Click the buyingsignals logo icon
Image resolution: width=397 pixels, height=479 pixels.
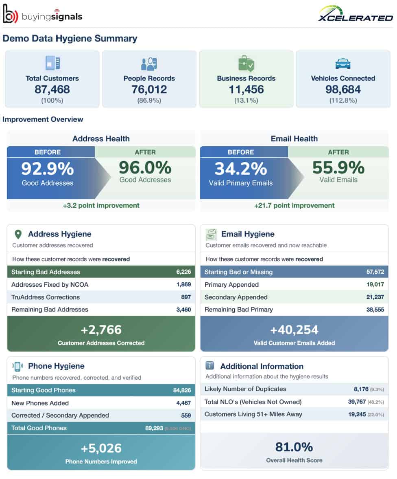pos(11,14)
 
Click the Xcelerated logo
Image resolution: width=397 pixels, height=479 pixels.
pos(356,15)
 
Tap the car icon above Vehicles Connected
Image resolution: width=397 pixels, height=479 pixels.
pos(342,64)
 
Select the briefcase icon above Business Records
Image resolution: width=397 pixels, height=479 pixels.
pos(246,64)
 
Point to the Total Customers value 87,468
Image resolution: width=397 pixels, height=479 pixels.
pos(52,89)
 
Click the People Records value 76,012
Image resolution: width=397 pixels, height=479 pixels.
pos(149,89)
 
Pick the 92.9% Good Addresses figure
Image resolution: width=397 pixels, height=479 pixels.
pos(48,169)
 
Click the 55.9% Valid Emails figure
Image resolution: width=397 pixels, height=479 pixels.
pos(338,167)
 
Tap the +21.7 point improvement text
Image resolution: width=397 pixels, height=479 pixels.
pos(294,205)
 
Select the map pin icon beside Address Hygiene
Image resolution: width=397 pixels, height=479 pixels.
pos(18,234)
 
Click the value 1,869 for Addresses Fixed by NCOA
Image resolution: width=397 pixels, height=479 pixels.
pos(183,284)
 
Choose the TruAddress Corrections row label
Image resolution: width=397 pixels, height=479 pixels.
pos(46,297)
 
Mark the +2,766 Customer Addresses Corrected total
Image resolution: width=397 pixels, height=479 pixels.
pos(101,330)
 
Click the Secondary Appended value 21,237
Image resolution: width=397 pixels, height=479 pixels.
pos(375,297)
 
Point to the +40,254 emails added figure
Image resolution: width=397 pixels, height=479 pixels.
pos(294,330)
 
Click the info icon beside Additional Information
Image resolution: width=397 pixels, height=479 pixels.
pos(210,366)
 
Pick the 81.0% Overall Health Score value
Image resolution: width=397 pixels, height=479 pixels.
pos(294,447)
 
